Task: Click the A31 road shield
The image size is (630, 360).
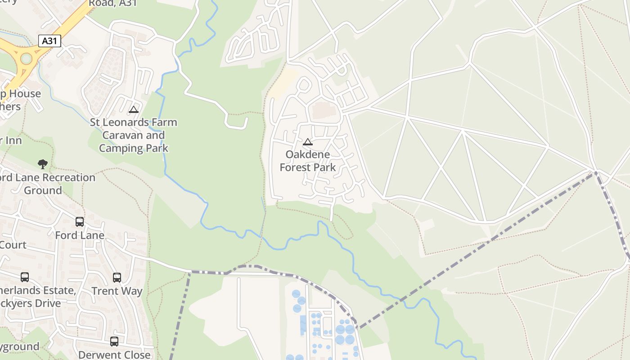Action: (49, 41)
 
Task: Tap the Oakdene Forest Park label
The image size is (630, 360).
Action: (308, 161)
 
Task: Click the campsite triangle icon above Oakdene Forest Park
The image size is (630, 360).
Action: (308, 142)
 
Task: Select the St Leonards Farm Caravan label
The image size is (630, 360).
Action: (133, 135)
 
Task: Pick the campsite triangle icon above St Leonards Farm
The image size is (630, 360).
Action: (134, 109)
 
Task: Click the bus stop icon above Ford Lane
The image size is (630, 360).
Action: (80, 222)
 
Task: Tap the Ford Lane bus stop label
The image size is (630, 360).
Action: (80, 235)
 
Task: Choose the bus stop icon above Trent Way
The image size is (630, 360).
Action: (117, 278)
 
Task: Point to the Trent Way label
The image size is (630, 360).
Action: (117, 291)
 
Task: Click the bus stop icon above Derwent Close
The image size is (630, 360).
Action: (114, 342)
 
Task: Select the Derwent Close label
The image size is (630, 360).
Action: (114, 355)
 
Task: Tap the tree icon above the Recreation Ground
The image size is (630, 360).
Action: (43, 164)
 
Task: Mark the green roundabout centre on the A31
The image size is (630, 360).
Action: (26, 58)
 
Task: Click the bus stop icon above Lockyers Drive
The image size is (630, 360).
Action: (25, 277)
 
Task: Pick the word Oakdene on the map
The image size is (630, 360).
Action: (308, 154)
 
